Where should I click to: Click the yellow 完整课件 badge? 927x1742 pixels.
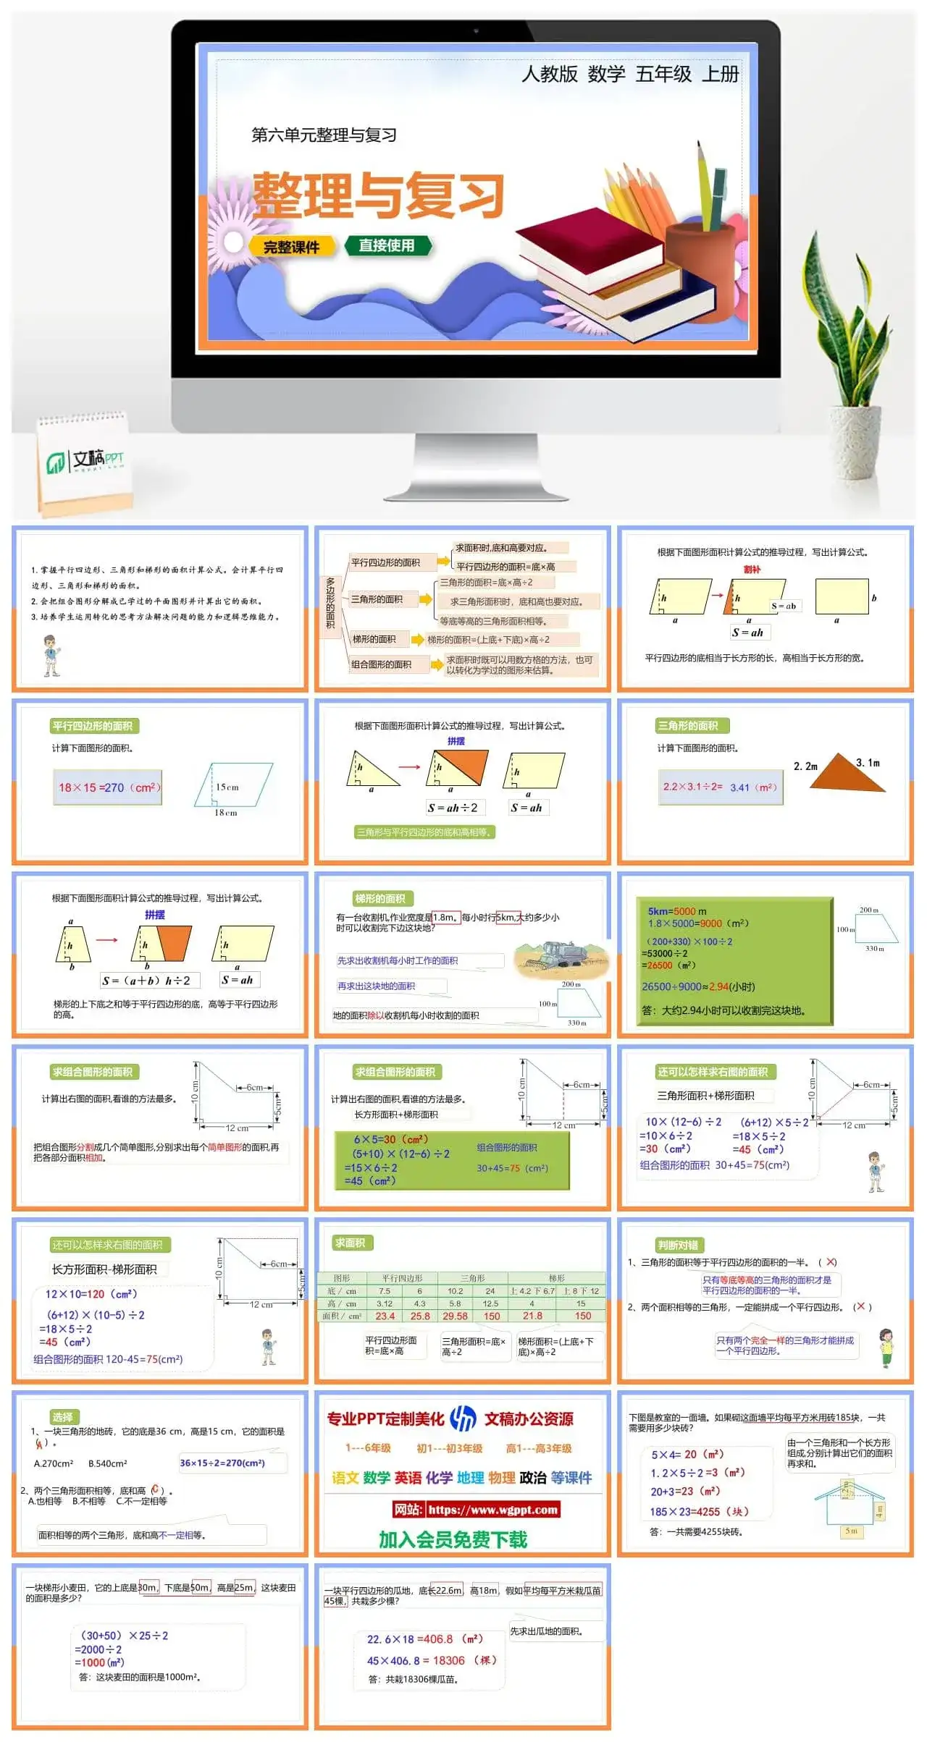[291, 247]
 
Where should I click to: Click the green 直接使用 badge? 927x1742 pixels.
[387, 245]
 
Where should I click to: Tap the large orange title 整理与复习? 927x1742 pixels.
[378, 195]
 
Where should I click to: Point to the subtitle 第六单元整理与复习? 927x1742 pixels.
[324, 135]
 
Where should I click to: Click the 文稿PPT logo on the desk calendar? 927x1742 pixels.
[85, 460]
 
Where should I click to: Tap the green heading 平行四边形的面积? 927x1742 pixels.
[92, 726]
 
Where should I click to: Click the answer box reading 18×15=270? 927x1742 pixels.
[109, 788]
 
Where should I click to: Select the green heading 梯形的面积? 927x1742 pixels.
[380, 899]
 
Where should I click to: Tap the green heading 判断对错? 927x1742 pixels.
[678, 1245]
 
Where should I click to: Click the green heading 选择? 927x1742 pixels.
[62, 1417]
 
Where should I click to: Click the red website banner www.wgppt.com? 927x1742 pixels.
[476, 1510]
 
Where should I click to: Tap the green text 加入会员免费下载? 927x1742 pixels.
[453, 1539]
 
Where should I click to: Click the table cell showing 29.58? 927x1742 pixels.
[455, 1316]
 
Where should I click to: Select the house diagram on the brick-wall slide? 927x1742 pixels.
[849, 1501]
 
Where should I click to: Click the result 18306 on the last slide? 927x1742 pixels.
[448, 1660]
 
